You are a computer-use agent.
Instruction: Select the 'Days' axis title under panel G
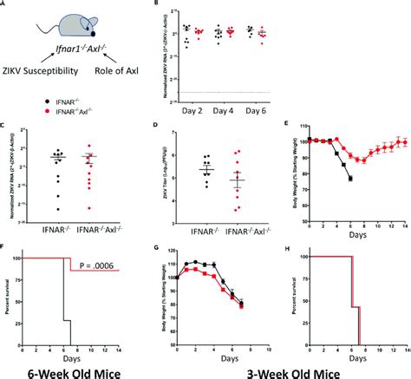click(x=212, y=356)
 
